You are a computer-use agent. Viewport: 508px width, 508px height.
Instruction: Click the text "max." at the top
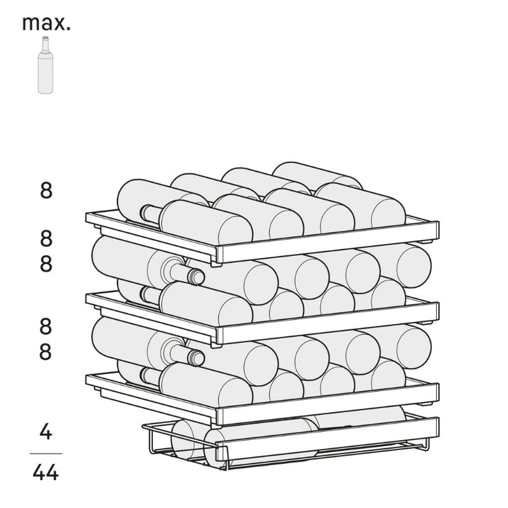click(x=46, y=23)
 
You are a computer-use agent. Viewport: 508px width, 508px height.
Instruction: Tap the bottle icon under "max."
click(x=45, y=65)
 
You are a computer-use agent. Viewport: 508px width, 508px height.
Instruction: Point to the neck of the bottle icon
click(x=45, y=44)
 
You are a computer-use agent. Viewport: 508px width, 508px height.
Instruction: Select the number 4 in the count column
click(x=46, y=431)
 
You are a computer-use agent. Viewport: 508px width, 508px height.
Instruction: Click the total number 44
click(x=46, y=472)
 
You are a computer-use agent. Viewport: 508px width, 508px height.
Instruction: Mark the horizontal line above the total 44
click(x=46, y=453)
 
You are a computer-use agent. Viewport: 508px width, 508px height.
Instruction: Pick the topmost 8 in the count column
click(x=46, y=190)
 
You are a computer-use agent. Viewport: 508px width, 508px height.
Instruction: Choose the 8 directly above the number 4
click(x=46, y=352)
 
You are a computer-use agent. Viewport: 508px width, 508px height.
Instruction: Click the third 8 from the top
click(x=46, y=264)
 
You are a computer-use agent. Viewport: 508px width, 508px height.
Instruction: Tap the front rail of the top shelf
click(x=327, y=243)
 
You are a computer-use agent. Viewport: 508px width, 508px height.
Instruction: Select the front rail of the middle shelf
click(x=327, y=323)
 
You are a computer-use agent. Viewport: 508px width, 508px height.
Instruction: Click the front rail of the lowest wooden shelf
click(x=327, y=404)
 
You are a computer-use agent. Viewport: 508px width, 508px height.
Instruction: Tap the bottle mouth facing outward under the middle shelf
click(x=197, y=358)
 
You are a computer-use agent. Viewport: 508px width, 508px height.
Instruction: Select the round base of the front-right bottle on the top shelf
click(x=388, y=213)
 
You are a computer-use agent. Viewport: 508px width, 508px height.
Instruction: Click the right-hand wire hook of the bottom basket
click(x=427, y=444)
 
